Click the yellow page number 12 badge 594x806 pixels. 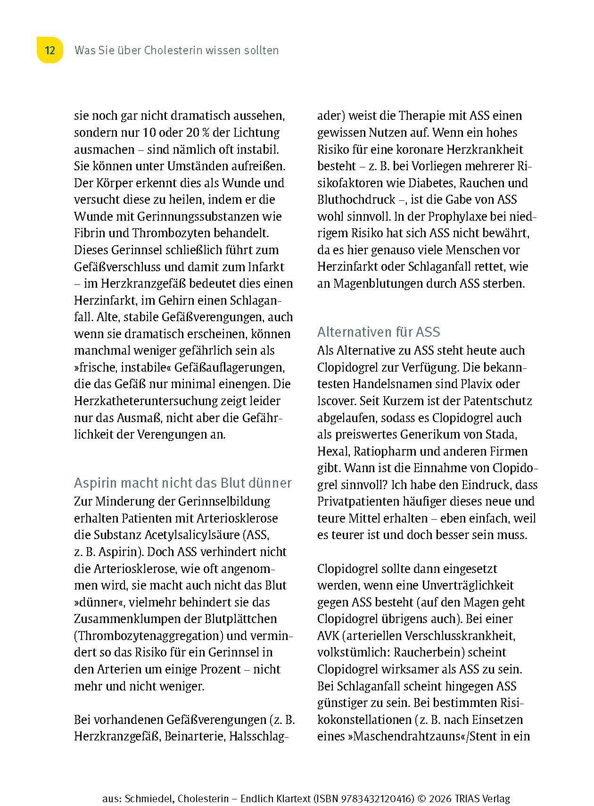click(x=49, y=50)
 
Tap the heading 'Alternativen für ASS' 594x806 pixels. click(x=379, y=332)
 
